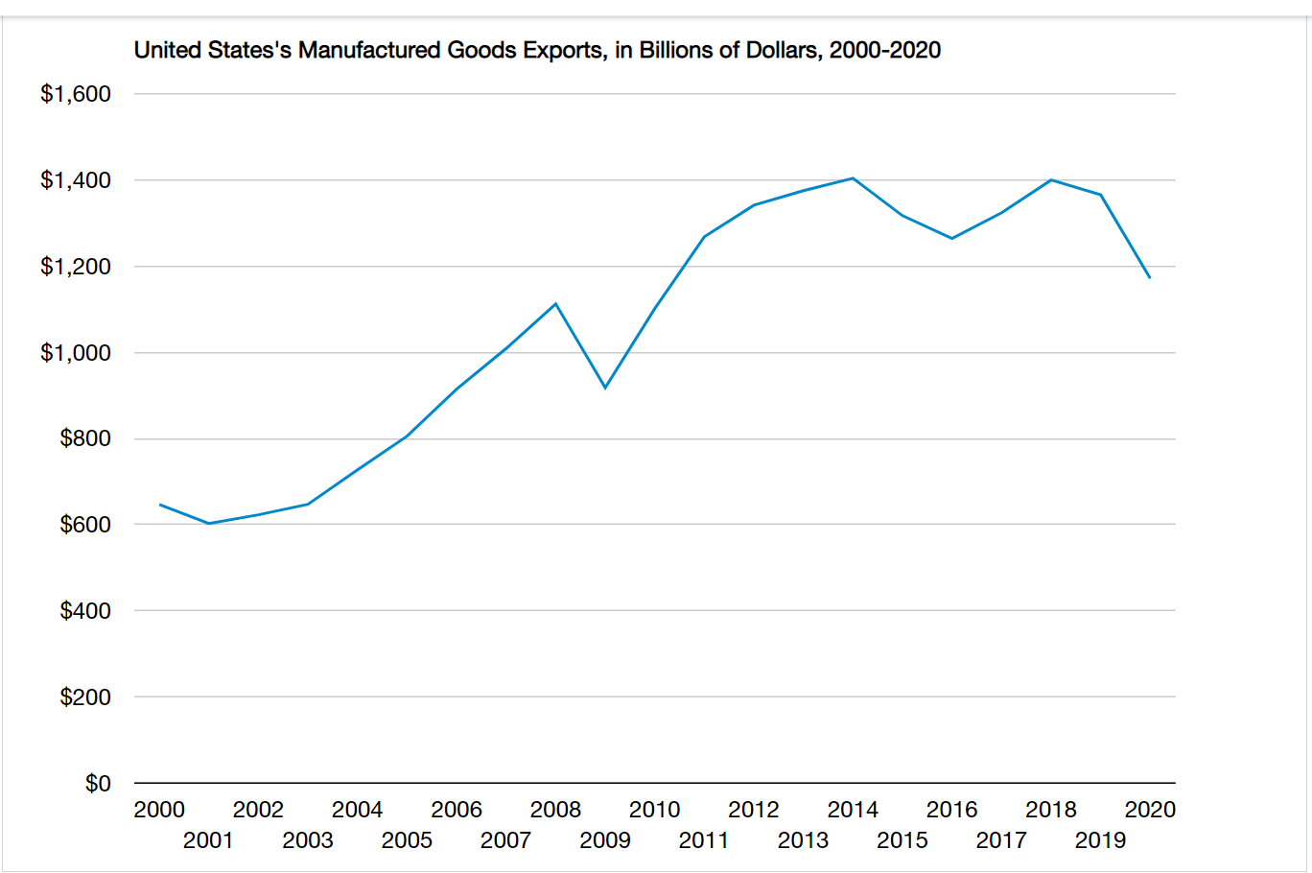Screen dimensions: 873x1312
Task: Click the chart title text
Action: point(537,50)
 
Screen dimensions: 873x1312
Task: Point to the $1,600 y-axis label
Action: point(76,94)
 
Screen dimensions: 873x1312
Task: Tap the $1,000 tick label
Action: point(76,353)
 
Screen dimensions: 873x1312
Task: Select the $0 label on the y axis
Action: point(98,784)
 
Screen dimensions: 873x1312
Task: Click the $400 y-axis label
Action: point(85,611)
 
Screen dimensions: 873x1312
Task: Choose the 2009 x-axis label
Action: point(605,840)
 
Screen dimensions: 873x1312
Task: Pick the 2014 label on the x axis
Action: point(853,810)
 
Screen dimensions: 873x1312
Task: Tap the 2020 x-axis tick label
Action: point(1150,810)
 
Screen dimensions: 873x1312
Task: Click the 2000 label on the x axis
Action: point(159,810)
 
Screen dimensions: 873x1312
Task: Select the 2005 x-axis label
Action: point(407,840)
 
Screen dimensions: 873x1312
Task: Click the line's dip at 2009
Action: point(605,388)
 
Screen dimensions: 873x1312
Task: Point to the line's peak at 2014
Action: point(853,178)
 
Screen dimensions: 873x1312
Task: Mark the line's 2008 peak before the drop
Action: point(555,304)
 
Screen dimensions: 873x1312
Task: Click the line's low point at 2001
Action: point(209,523)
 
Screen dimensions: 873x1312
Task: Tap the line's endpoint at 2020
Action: point(1149,277)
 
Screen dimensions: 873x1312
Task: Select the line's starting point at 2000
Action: point(160,505)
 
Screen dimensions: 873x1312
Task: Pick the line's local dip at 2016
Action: point(951,238)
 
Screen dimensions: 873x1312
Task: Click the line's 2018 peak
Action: point(1051,180)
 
